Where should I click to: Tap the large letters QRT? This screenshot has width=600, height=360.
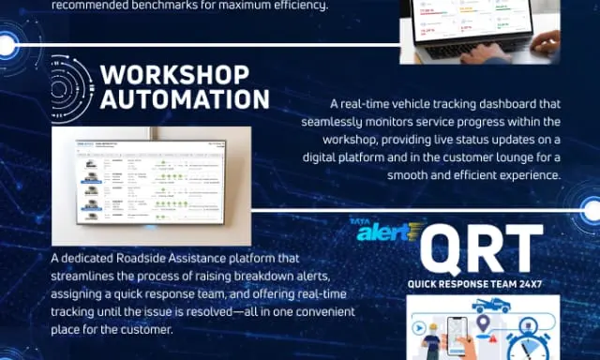coord(481,248)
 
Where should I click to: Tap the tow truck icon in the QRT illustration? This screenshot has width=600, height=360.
coord(492,306)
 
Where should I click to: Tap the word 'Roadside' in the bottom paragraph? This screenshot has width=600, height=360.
coord(174,257)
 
